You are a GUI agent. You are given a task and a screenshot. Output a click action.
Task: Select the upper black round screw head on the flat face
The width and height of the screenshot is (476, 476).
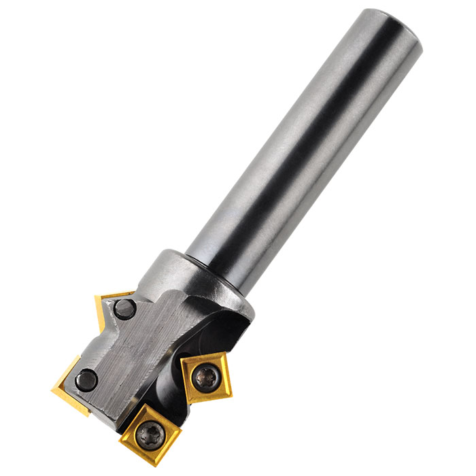pos(125,309)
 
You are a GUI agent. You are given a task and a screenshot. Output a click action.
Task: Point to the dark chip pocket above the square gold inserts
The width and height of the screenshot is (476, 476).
pos(218,333)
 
